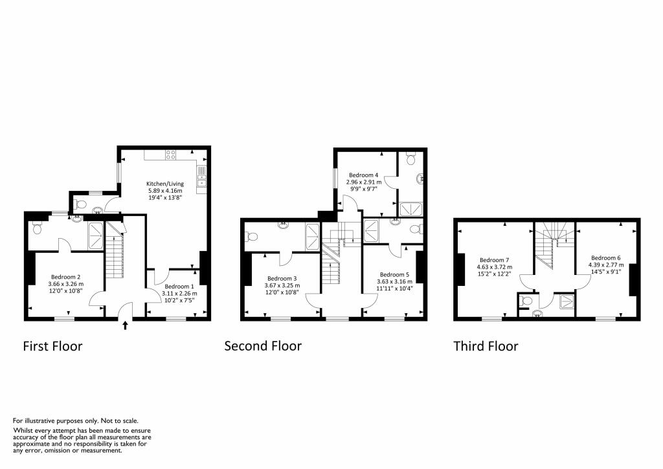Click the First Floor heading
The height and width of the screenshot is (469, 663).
click(52, 346)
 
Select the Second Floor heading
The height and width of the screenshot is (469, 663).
click(262, 346)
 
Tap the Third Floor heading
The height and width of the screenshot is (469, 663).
click(486, 346)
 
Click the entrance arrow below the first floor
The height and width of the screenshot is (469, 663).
click(125, 325)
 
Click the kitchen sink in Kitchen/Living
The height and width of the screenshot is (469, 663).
click(202, 173)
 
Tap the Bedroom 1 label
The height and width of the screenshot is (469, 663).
click(179, 286)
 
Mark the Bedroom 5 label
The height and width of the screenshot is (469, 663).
click(395, 274)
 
